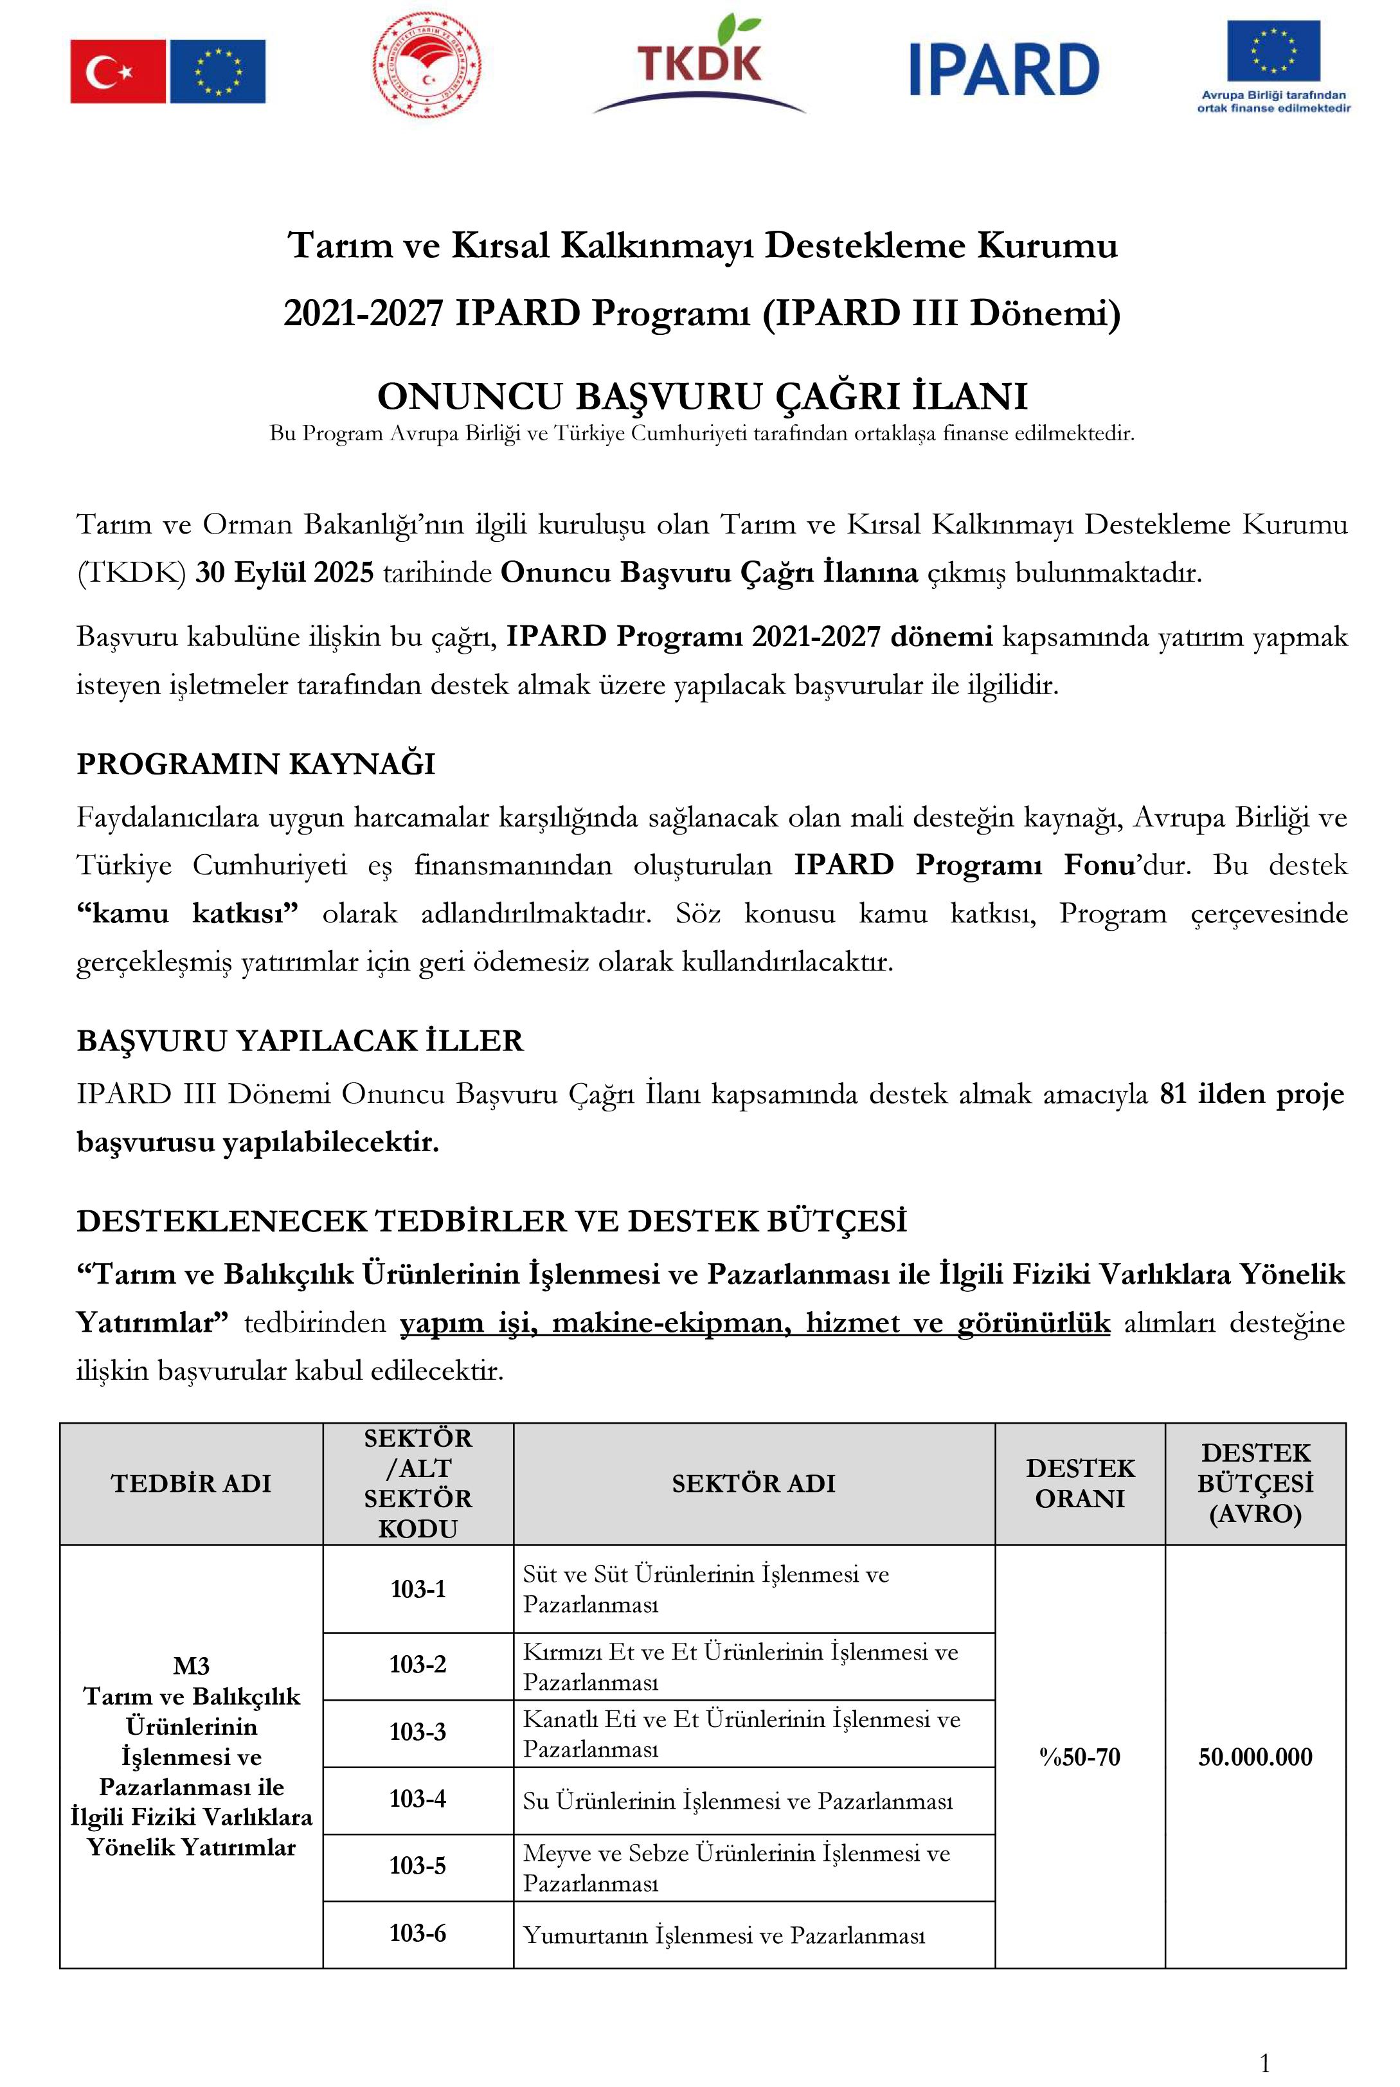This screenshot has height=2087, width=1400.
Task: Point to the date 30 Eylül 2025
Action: point(284,572)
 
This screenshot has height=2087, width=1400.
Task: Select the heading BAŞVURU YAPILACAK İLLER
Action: point(300,1041)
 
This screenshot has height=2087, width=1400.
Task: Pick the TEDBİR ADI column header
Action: point(191,1483)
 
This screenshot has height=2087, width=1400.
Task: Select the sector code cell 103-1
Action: point(418,1588)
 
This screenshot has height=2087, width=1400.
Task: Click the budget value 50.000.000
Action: point(1255,1757)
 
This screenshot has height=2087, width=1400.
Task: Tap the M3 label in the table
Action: point(191,1665)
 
